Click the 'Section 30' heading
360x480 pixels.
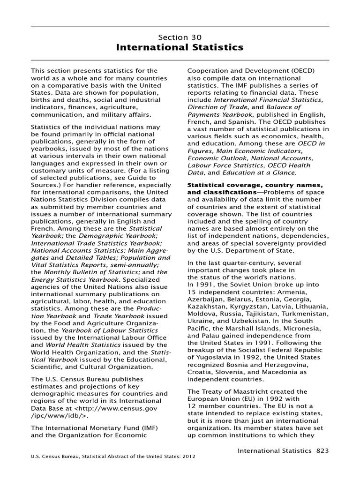tap(180, 37)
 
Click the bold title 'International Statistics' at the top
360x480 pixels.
tap(180, 47)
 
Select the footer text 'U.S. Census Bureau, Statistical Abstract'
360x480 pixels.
tap(89, 456)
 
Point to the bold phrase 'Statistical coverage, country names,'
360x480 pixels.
tap(255, 186)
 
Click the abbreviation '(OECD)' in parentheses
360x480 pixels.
tap(301, 71)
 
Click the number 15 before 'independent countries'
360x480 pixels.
tap(191, 292)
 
